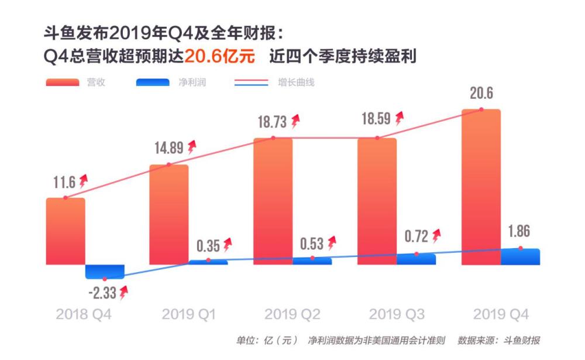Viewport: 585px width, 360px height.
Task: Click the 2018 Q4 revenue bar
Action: (66, 231)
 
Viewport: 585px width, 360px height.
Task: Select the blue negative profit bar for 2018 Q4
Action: (105, 272)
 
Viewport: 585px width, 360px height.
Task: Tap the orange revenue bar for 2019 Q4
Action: (481, 187)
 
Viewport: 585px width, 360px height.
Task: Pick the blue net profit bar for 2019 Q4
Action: (520, 256)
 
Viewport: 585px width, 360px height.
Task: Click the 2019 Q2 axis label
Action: (292, 314)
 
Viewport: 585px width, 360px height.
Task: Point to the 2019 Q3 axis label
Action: (397, 314)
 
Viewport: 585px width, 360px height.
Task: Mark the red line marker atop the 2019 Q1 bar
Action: (169, 164)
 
